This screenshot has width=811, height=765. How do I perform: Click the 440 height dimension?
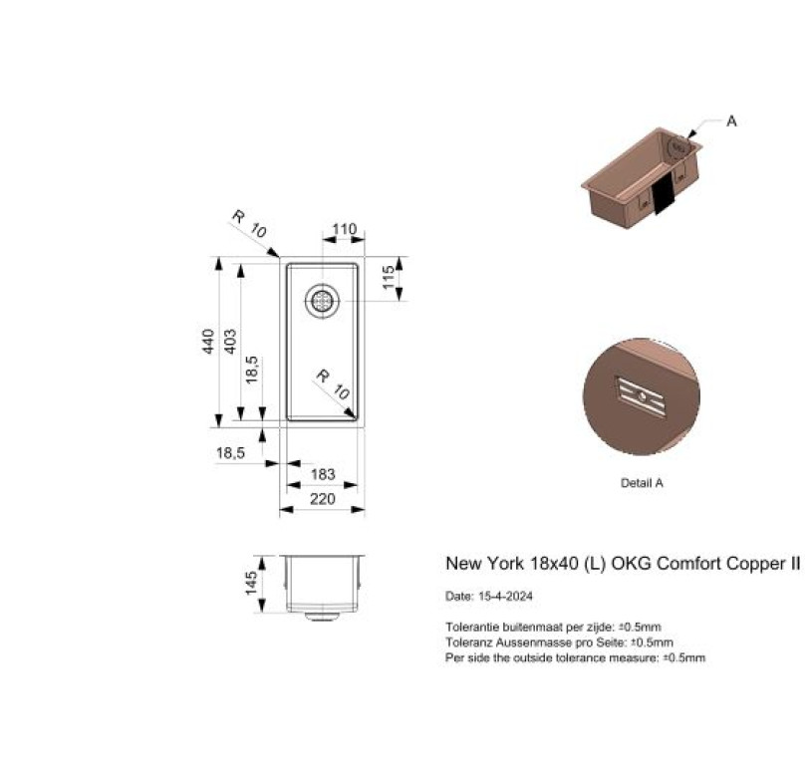208,342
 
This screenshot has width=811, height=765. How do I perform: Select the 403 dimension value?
230,342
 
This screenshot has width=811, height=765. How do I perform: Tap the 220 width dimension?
322,499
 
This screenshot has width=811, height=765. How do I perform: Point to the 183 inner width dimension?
323,474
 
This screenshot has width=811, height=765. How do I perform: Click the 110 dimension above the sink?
345,229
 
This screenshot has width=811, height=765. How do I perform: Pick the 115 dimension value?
389,277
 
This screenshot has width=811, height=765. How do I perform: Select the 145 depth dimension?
251,583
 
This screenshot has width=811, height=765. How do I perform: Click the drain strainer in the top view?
322,301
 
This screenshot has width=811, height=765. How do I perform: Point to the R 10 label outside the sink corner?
249,223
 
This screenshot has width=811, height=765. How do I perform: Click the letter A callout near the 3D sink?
731,122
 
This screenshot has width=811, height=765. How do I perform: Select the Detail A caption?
642,483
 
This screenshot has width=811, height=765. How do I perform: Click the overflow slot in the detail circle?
641,397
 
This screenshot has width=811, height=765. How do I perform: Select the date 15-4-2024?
505,596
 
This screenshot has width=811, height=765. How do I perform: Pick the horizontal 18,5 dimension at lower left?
231,453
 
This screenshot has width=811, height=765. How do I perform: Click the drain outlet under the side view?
322,617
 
